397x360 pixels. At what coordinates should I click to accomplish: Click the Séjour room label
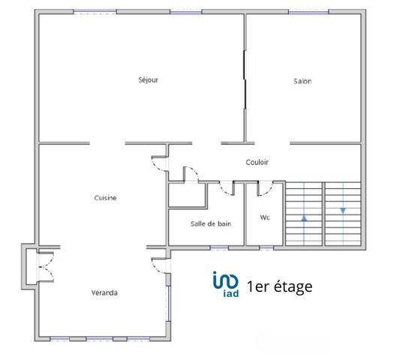click(148, 79)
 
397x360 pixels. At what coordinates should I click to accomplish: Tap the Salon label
click(302, 81)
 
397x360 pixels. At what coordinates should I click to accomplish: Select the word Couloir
click(257, 162)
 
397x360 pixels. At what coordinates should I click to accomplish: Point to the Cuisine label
click(105, 198)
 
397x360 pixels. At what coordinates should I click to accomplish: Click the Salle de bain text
click(211, 223)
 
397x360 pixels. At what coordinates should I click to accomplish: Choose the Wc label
click(265, 218)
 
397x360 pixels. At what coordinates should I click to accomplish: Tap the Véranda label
click(104, 292)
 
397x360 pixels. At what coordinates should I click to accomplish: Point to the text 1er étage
click(278, 286)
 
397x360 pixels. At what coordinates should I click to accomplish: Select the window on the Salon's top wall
click(308, 12)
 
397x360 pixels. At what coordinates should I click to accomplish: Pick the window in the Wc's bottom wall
click(266, 247)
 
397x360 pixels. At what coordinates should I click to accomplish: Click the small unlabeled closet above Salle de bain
click(187, 194)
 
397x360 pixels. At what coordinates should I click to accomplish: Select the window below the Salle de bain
click(218, 247)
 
